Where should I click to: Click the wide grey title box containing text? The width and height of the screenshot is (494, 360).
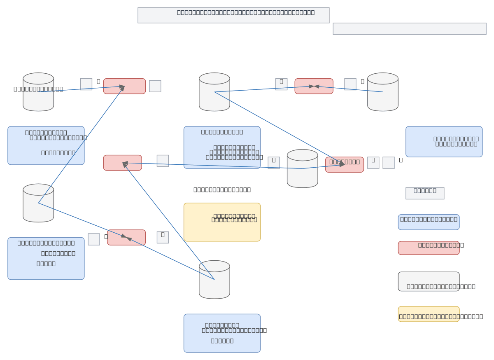pos(233,15)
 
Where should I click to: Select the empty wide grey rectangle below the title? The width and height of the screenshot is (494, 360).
pos(409,29)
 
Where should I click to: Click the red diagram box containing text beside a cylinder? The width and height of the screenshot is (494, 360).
pos(344,165)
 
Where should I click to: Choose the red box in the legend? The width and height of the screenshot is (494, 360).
pos(429,248)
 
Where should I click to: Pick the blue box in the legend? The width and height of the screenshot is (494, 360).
pos(429,222)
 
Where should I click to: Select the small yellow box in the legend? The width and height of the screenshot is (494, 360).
pos(429,314)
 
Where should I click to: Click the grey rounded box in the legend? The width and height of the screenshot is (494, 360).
pos(429,281)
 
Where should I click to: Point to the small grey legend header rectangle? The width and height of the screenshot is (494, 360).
pos(425,193)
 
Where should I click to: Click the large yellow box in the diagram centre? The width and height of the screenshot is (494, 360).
pos(222,222)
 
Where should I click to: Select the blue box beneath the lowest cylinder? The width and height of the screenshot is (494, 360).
pos(222,333)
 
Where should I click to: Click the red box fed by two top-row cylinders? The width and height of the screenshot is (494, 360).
pos(314,86)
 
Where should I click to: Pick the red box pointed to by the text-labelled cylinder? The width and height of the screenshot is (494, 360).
pos(124,86)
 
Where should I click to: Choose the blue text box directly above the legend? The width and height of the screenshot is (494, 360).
pos(444,142)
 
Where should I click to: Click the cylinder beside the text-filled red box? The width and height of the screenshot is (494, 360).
pos(303,168)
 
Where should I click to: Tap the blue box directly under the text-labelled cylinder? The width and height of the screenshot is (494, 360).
pos(46,145)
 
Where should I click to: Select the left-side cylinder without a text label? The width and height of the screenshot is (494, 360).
pos(38,203)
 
